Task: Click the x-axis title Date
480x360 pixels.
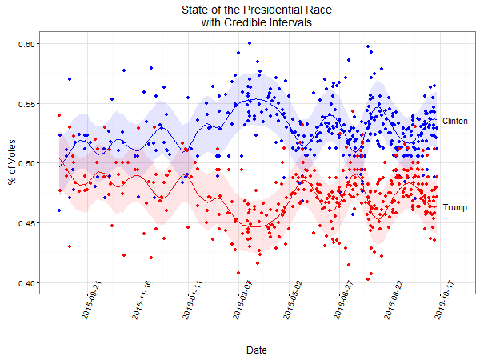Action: pyautogui.click(x=257, y=350)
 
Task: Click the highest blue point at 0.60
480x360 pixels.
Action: pyautogui.click(x=250, y=43)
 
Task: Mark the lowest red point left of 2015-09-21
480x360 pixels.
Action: pyautogui.click(x=70, y=246)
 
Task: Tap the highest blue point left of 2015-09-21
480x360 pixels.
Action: pyautogui.click(x=70, y=79)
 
